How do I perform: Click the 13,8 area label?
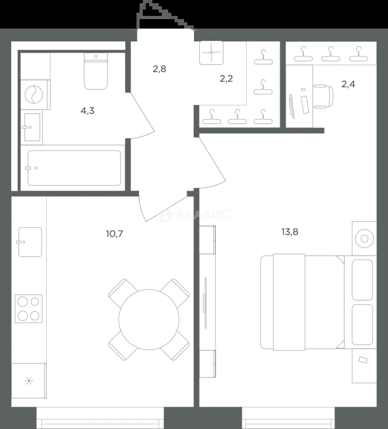(290, 232)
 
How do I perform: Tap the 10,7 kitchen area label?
(115, 234)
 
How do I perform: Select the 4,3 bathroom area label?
(87, 111)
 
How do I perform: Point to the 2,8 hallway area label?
(159, 69)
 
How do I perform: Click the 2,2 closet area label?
(226, 79)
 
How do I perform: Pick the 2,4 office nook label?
(348, 84)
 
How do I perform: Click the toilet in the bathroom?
(96, 71)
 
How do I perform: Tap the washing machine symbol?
(34, 95)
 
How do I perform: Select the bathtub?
(74, 168)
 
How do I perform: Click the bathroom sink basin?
(32, 127)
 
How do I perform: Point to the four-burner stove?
(29, 309)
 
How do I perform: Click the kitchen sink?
(30, 242)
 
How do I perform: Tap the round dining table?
(149, 319)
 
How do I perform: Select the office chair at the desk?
(324, 96)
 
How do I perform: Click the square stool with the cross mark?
(211, 52)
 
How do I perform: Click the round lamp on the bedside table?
(365, 239)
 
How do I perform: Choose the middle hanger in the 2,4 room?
(330, 54)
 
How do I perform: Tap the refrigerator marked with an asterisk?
(29, 381)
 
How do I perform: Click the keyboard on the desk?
(305, 105)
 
